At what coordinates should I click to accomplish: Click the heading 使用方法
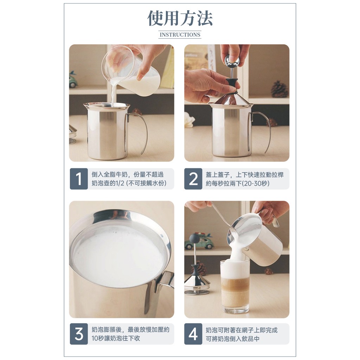click(180, 18)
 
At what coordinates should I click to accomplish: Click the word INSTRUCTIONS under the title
click(180, 35)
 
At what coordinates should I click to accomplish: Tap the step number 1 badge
click(79, 179)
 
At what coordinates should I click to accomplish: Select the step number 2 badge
click(193, 179)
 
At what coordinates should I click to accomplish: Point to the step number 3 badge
click(79, 334)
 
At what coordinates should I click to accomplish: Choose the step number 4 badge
click(193, 334)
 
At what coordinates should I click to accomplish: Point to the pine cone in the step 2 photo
click(279, 89)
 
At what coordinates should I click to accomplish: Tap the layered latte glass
click(235, 287)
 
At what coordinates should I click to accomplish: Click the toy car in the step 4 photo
click(199, 242)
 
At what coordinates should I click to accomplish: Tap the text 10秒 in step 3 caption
click(98, 338)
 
